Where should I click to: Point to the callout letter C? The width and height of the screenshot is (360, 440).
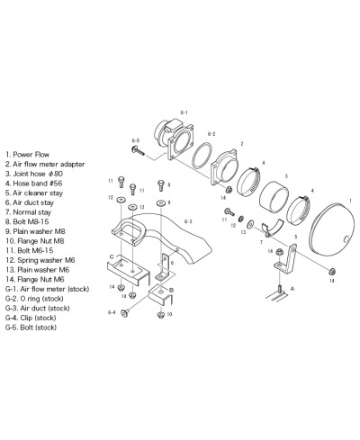tap(112, 256)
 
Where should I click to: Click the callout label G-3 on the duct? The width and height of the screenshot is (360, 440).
tap(187, 220)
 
